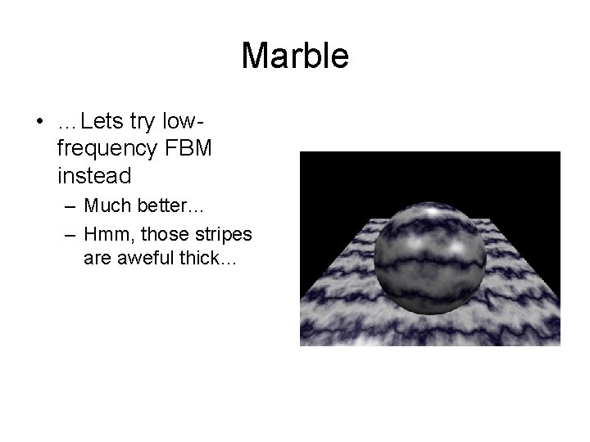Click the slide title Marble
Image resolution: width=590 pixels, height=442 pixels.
[295, 56]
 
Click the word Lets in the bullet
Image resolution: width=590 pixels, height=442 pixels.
[101, 122]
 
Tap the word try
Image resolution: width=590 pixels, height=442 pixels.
[143, 122]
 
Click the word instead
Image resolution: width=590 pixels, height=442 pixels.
[94, 176]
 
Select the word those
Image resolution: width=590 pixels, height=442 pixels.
[162, 235]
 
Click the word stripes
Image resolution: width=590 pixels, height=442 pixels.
[221, 235]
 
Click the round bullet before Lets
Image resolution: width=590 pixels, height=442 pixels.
[39, 123]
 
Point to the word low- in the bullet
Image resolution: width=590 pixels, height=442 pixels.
[183, 122]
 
